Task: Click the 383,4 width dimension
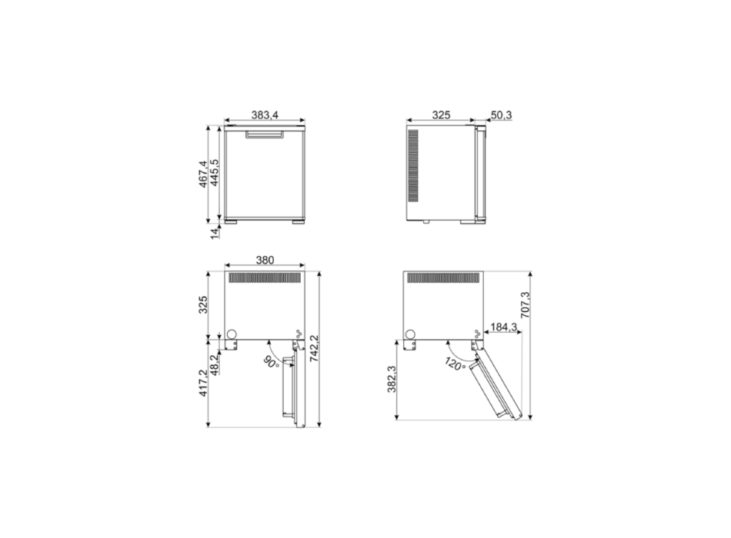[265, 115]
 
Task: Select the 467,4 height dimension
[202, 174]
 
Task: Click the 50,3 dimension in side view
[501, 115]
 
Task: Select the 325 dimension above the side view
[440, 115]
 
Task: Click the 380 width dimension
[265, 260]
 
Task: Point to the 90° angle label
[271, 361]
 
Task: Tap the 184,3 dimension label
[502, 327]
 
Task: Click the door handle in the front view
[265, 135]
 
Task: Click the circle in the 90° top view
[230, 334]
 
